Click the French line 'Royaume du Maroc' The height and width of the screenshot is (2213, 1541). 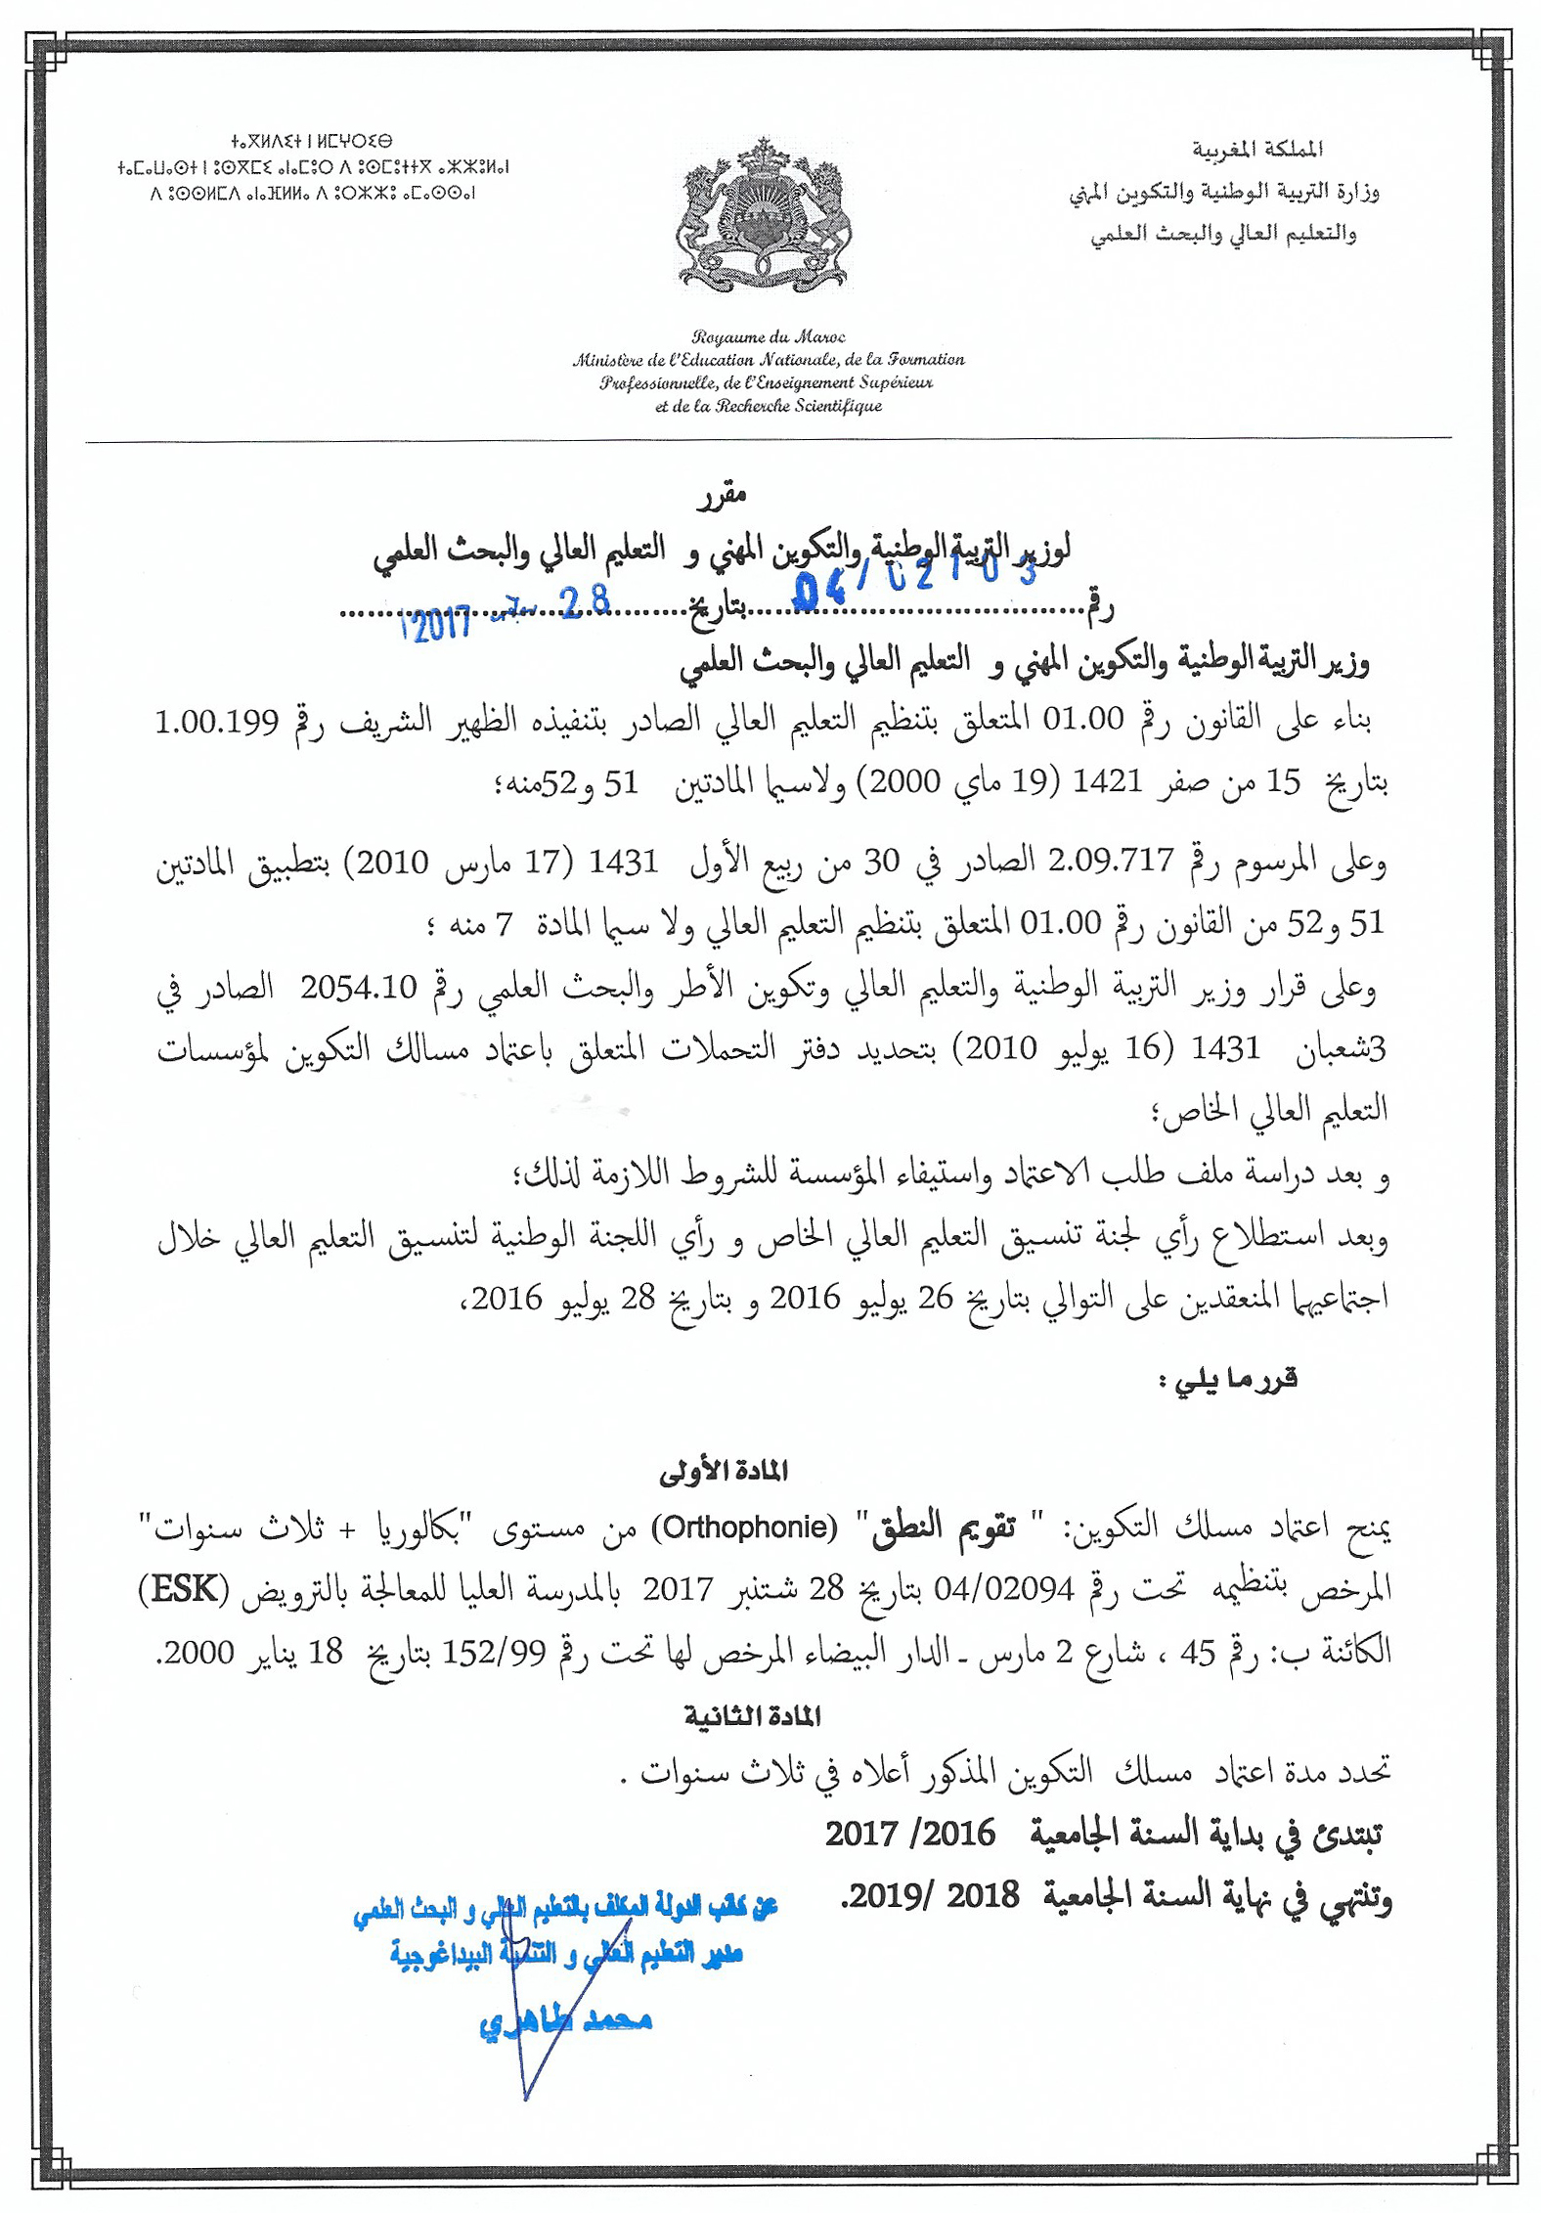[x=769, y=337]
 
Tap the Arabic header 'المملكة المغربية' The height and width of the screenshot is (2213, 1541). [x=1256, y=150]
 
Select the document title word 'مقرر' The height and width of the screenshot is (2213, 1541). [x=722, y=496]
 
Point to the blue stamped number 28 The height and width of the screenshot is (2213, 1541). [x=586, y=601]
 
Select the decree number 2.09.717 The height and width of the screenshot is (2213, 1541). [x=1110, y=861]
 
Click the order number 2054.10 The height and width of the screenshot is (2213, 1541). [x=359, y=987]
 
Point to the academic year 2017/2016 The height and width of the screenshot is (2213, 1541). [x=909, y=1834]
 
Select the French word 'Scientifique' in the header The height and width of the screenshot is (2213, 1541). [x=838, y=406]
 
